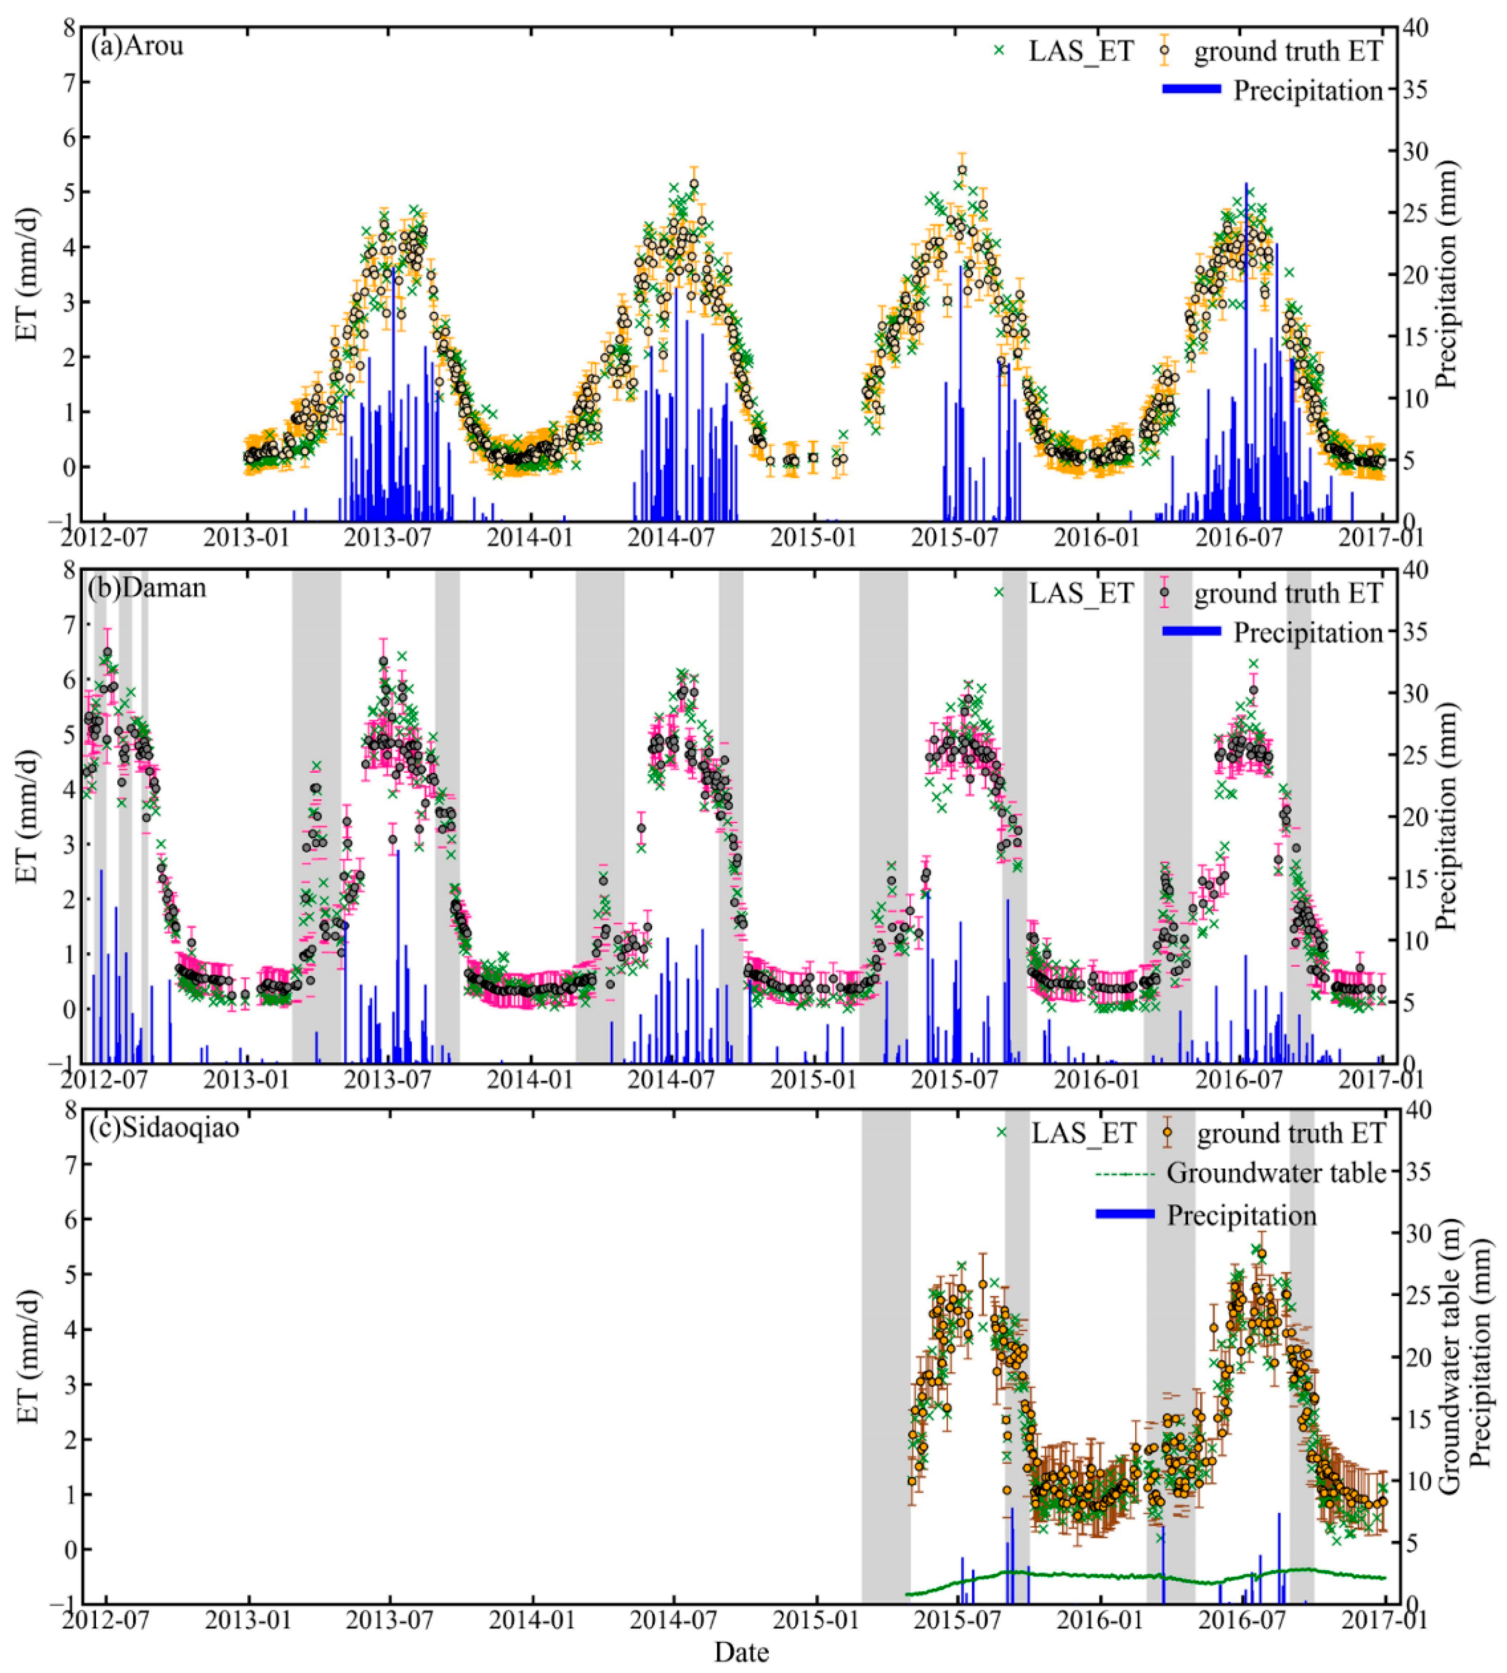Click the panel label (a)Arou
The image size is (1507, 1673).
137,45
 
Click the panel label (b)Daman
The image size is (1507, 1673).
147,588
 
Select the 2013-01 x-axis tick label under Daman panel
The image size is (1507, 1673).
249,1080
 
